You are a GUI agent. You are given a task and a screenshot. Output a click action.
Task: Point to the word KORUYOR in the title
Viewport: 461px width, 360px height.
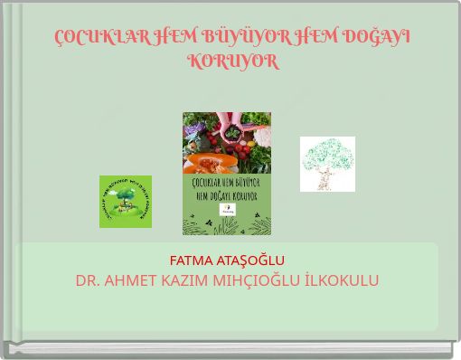coord(232,62)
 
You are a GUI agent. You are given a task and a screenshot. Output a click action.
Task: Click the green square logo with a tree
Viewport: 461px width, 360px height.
coord(125,202)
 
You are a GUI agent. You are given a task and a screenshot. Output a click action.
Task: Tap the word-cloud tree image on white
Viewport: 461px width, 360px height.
coord(327,164)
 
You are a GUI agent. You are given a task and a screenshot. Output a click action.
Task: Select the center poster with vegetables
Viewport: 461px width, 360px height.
coord(227,174)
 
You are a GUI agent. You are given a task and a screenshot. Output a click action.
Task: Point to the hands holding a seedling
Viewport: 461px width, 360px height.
coord(231,132)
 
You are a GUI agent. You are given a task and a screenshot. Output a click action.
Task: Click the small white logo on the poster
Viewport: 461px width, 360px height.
coord(227,210)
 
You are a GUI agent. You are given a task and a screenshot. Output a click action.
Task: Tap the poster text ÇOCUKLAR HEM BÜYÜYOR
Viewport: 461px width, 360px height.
coord(227,184)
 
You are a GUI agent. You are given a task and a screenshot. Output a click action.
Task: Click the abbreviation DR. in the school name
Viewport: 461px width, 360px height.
coord(89,280)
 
